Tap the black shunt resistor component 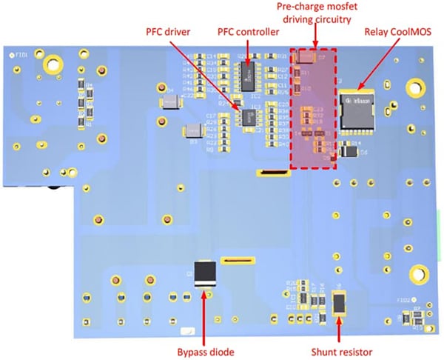(x=340, y=303)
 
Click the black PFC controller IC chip (x=248, y=72)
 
